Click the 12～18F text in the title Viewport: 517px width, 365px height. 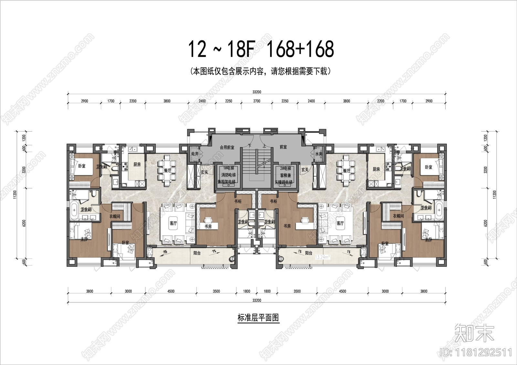click(221, 49)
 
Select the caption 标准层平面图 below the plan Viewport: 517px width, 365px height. click(258, 318)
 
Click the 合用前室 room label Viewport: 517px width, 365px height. click(227, 147)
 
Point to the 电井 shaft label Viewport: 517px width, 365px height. click(195, 154)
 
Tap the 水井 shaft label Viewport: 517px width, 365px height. click(319, 154)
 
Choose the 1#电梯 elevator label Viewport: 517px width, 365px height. click(228, 169)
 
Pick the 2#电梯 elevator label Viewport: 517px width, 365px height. click(285, 169)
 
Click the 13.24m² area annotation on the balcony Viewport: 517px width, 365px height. click(322, 257)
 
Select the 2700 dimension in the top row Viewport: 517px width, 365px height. click(257, 101)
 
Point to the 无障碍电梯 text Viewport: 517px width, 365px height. click(283, 182)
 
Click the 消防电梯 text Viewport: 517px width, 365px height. click(228, 175)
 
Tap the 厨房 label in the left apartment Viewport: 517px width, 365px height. click(137, 164)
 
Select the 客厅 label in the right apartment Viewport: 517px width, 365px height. click(340, 223)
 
